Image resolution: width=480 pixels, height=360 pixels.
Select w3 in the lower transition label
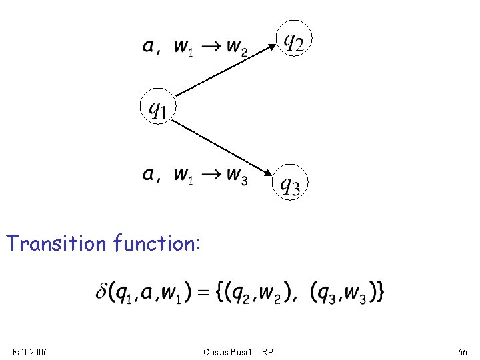pos(236,175)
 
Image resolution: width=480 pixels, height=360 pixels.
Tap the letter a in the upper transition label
pos(150,46)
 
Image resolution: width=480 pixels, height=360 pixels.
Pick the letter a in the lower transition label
pos(150,175)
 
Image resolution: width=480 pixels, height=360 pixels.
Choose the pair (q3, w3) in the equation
pos(341,293)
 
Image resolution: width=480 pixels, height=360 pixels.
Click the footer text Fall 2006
pos(30,351)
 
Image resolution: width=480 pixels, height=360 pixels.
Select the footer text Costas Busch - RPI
pos(239,351)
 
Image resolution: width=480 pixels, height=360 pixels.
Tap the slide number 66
pos(463,351)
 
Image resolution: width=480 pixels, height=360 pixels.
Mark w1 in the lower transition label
pos(183,175)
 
